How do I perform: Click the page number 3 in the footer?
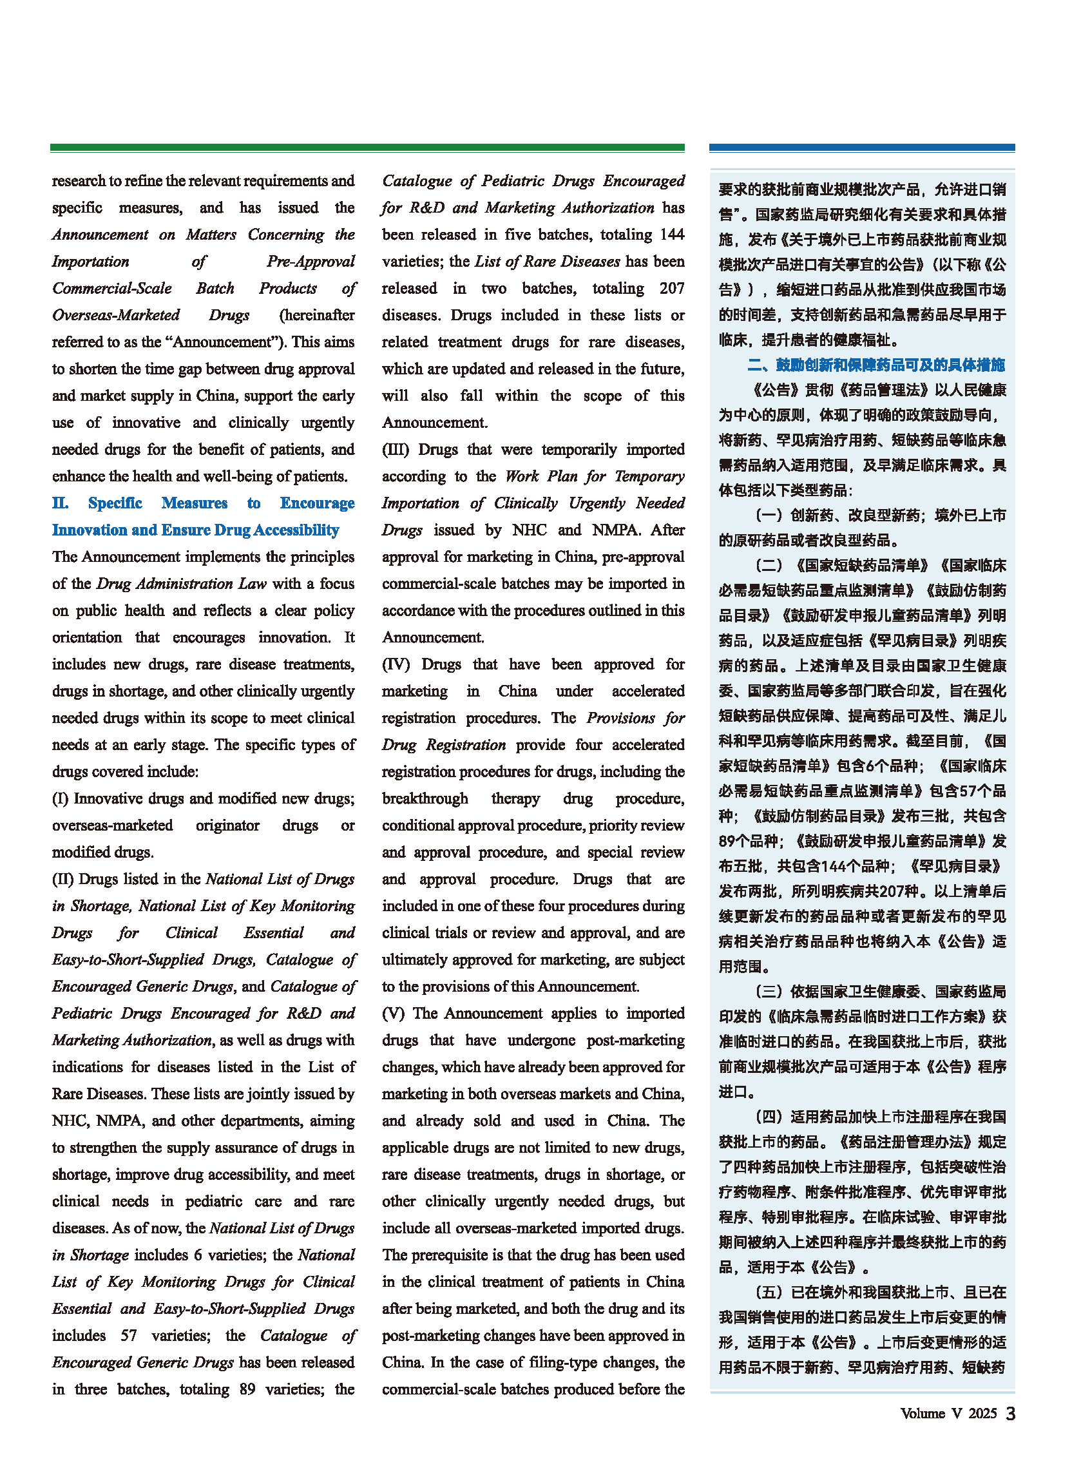coord(1010,1414)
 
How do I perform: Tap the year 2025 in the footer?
coord(982,1414)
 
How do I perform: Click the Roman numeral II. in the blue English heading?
coord(60,503)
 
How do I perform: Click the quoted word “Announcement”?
coord(233,342)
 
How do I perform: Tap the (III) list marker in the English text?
coord(396,450)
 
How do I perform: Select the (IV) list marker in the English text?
coord(396,664)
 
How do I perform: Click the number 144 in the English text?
coord(671,235)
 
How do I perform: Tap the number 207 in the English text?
coord(671,289)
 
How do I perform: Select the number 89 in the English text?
coord(247,1389)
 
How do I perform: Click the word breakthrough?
coord(425,798)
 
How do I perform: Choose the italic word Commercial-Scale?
coord(112,289)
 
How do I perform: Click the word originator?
coord(227,825)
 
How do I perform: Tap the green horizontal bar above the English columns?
coord(367,148)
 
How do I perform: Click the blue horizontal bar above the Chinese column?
coord(862,148)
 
